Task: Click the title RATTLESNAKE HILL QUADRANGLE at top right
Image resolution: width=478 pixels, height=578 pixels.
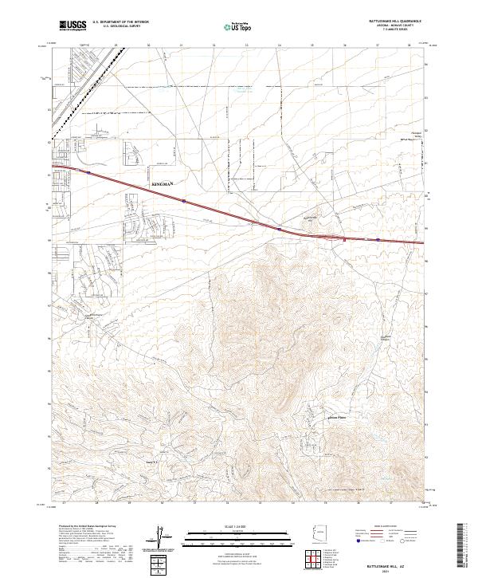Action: coord(394,21)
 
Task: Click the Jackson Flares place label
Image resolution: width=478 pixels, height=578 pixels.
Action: coord(337,416)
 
